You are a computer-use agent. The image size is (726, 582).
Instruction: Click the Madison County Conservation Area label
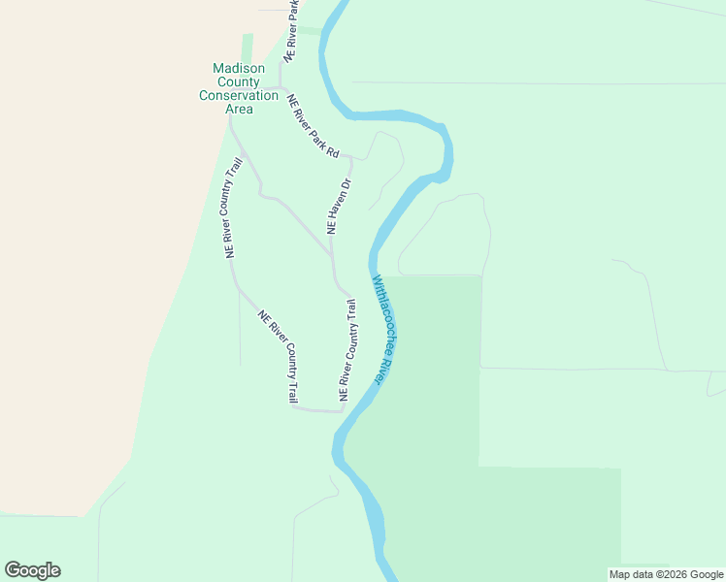[239, 88]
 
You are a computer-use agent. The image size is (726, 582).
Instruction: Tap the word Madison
[239, 67]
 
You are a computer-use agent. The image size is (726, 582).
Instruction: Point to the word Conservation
[239, 95]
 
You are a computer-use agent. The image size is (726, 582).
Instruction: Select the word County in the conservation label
[239, 81]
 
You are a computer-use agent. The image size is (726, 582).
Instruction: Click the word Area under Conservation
[239, 109]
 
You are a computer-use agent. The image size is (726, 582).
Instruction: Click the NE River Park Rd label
[313, 126]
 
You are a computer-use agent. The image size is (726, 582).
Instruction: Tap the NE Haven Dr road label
[339, 206]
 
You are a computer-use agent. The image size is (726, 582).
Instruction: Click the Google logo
[32, 570]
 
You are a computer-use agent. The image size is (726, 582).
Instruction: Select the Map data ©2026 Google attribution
[667, 574]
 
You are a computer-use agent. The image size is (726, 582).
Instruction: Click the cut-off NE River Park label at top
[291, 33]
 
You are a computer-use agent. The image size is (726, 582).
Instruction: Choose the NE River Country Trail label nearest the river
[347, 351]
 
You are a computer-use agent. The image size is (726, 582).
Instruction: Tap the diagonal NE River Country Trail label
[280, 356]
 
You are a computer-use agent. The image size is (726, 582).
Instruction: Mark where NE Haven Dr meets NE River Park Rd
[350, 158]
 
